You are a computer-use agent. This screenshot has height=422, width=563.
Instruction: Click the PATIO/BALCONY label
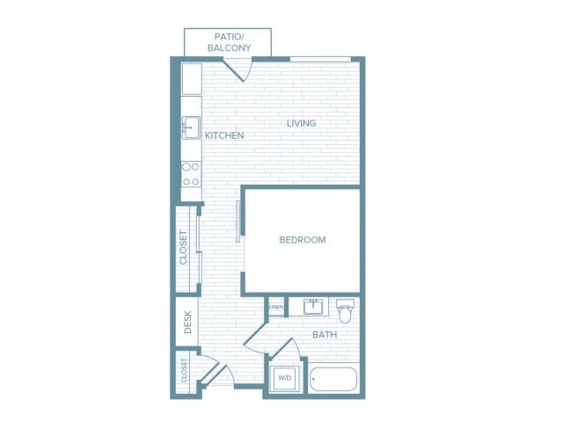point(227,41)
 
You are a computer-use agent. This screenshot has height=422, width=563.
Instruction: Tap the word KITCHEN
point(224,135)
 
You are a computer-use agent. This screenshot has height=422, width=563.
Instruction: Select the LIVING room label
point(301,123)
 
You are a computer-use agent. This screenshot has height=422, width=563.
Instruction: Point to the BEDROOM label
point(302,239)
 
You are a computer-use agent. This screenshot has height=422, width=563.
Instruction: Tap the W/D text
point(284,378)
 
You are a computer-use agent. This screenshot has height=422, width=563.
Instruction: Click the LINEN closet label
point(276,307)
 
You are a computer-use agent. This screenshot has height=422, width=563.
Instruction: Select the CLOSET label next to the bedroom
point(184,248)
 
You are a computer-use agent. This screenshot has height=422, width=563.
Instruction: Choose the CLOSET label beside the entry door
point(184,371)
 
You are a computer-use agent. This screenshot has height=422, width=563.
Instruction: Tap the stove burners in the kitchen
point(191,173)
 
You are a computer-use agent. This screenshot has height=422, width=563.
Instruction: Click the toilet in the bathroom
point(346,309)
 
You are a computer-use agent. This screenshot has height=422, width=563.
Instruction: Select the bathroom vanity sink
point(313,307)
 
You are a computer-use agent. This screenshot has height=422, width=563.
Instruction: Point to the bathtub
point(333,379)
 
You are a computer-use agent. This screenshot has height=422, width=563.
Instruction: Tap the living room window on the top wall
point(320,59)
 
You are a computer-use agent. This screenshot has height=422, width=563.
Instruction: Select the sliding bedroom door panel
point(238,221)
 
